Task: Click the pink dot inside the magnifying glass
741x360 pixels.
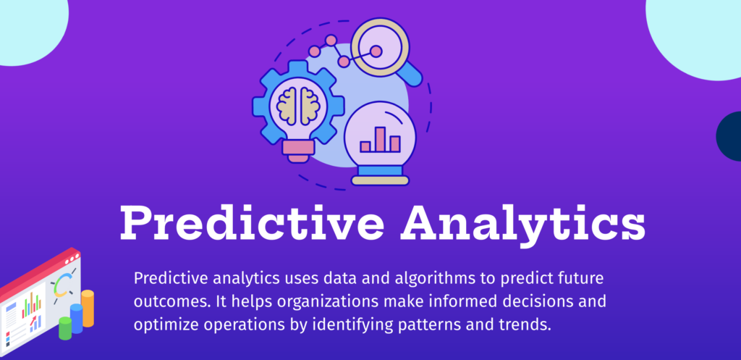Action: coord(376,51)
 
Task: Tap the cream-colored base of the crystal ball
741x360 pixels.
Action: coord(381,180)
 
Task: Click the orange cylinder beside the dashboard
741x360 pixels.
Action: coord(88,307)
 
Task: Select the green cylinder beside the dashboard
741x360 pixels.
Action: coord(65,328)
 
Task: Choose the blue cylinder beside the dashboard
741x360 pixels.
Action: coord(76,318)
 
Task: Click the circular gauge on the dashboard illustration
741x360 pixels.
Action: coord(62,284)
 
